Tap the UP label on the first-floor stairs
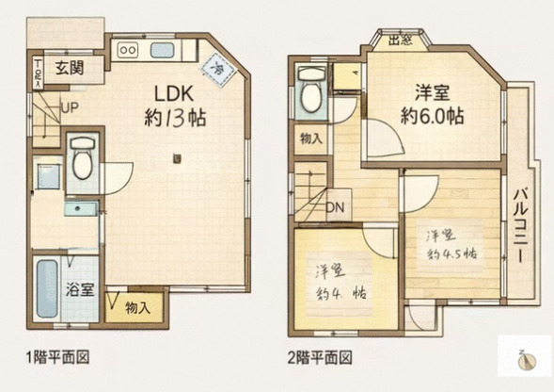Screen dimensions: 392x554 70,108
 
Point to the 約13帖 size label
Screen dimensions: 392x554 176,120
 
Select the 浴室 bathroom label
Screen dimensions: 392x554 79,290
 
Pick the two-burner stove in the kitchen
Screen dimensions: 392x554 129,50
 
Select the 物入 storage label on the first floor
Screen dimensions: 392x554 137,307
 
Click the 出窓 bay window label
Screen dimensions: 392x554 401,40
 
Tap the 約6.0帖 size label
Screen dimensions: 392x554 432,116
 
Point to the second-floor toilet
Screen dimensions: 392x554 309,88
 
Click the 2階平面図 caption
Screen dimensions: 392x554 320,357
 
